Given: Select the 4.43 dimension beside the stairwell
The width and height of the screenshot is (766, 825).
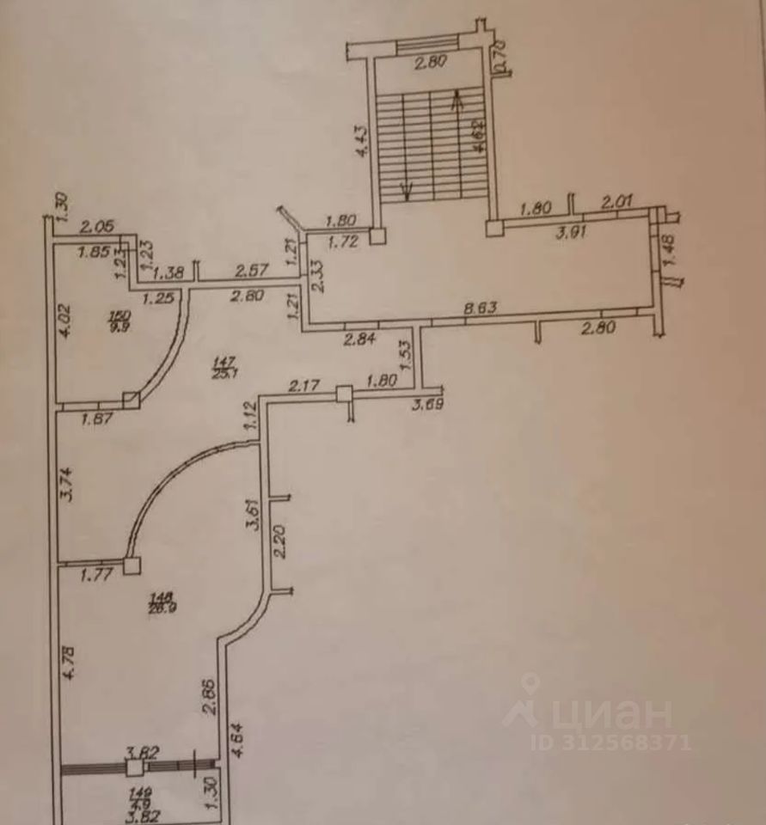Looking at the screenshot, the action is click(x=362, y=141).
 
